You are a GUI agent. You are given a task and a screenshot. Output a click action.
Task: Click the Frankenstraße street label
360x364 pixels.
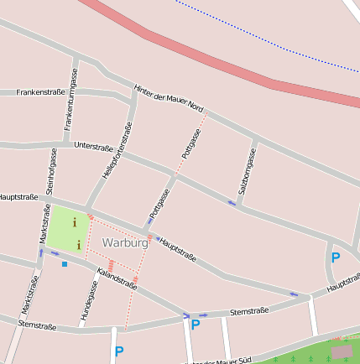(x=40, y=92)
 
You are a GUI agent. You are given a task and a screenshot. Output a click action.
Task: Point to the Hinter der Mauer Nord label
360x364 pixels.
(x=168, y=98)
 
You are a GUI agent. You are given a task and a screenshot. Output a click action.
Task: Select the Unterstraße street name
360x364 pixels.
(x=93, y=147)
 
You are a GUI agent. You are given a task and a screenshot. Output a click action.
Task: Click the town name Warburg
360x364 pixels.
(x=124, y=242)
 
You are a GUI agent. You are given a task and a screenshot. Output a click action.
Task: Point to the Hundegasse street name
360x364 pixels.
(x=91, y=298)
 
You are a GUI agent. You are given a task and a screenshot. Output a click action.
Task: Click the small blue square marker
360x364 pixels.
(x=65, y=264)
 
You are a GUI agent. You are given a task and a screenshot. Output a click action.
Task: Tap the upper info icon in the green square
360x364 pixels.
(x=75, y=223)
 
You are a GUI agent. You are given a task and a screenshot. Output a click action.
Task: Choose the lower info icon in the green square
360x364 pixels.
(x=79, y=245)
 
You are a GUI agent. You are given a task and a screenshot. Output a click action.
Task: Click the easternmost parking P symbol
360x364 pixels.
(x=336, y=257)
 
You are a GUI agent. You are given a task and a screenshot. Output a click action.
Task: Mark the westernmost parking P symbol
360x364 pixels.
(x=119, y=351)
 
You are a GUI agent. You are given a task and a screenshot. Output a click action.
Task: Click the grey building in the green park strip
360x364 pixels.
(x=342, y=352)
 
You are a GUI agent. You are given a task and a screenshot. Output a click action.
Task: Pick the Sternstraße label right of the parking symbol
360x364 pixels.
(x=249, y=311)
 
